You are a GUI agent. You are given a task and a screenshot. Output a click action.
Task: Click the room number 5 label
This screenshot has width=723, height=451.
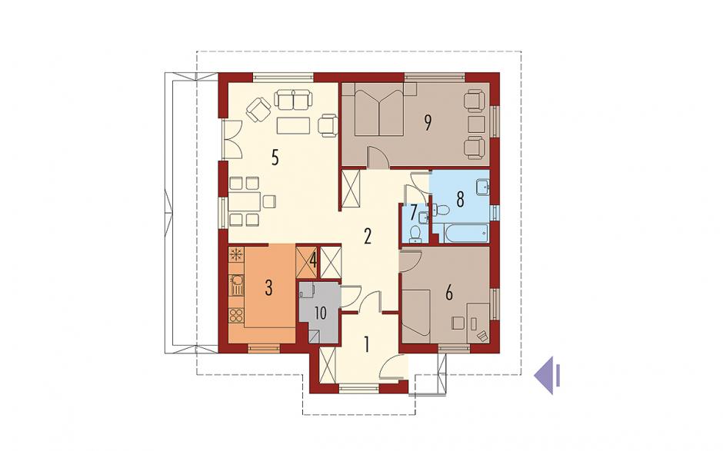point(275,158)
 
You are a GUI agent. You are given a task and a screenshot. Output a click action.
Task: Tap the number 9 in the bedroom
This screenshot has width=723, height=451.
point(428,122)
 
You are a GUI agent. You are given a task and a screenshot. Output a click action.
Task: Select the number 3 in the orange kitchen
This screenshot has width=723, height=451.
point(269,288)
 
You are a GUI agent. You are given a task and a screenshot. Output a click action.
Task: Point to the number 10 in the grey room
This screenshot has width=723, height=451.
point(320,313)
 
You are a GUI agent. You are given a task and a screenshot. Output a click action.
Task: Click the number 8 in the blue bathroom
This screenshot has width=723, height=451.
point(460,200)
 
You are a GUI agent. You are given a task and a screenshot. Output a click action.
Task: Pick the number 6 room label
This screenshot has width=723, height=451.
point(449,293)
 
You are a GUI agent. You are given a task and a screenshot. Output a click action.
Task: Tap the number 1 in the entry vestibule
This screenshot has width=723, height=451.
point(367,344)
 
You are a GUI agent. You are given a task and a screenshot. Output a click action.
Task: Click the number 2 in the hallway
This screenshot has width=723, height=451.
point(368,237)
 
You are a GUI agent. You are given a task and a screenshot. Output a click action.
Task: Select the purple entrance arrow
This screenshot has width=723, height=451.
point(548,376)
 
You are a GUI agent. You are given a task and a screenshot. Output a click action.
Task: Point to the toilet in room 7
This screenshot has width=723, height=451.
point(415,234)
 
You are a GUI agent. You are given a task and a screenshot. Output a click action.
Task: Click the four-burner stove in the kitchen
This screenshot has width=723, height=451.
point(236,316)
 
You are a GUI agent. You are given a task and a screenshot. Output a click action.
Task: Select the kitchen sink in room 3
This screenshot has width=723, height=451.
point(236,284)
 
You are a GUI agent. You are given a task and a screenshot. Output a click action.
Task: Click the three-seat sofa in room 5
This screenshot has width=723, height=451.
point(293,101)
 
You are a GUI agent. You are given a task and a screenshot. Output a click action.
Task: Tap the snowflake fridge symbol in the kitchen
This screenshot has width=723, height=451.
point(237,254)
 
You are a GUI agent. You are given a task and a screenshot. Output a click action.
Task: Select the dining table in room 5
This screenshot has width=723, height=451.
point(245,201)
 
